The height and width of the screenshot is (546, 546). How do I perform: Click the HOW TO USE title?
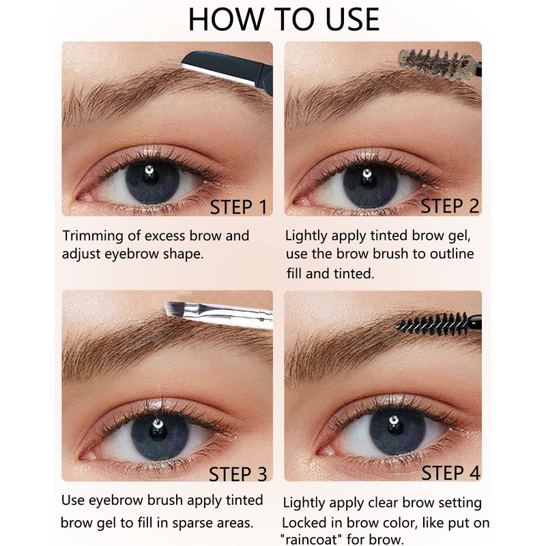(x=283, y=20)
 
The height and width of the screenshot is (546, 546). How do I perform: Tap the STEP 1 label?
(x=238, y=207)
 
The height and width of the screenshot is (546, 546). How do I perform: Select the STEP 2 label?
(x=450, y=206)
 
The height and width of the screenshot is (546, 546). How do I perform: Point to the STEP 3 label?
(x=238, y=474)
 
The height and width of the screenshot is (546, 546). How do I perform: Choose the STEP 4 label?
(x=451, y=473)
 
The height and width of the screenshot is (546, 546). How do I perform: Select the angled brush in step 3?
(x=218, y=314)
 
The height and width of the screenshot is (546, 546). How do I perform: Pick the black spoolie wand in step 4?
(x=439, y=324)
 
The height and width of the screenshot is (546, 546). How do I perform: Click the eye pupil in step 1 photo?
(x=150, y=177)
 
